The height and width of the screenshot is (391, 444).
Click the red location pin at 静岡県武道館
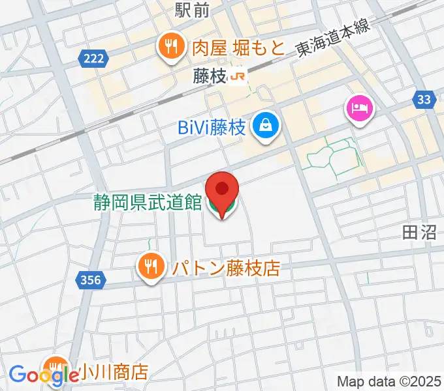[222, 191]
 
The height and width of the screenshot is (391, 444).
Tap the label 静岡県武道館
[148, 203]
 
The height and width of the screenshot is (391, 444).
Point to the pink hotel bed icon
[360, 108]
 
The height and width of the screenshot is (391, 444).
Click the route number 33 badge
[424, 99]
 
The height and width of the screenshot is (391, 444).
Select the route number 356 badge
[91, 280]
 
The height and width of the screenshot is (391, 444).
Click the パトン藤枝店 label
[225, 267]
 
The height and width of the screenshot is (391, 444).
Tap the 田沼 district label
[419, 233]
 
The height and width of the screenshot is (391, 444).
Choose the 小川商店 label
[112, 372]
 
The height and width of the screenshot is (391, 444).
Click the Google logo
[44, 375]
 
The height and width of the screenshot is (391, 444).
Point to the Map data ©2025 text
[388, 381]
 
